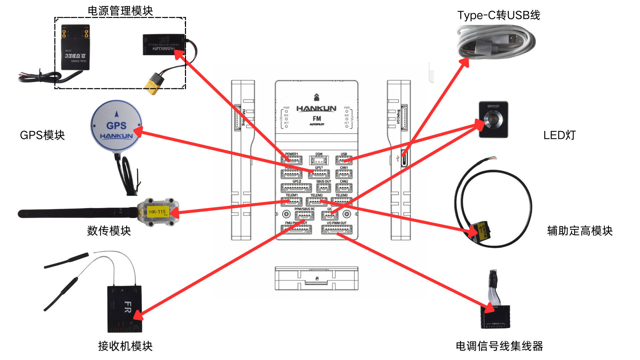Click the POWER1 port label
291,154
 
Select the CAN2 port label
344,182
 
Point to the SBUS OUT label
323,182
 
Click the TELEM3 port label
341,195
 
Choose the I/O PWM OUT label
337,223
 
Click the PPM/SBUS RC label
304,209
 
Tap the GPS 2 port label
297,182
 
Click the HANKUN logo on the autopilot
316,109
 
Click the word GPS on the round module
116,126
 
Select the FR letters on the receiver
128,307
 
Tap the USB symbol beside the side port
398,159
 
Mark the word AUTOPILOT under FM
317,124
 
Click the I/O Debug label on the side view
398,117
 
